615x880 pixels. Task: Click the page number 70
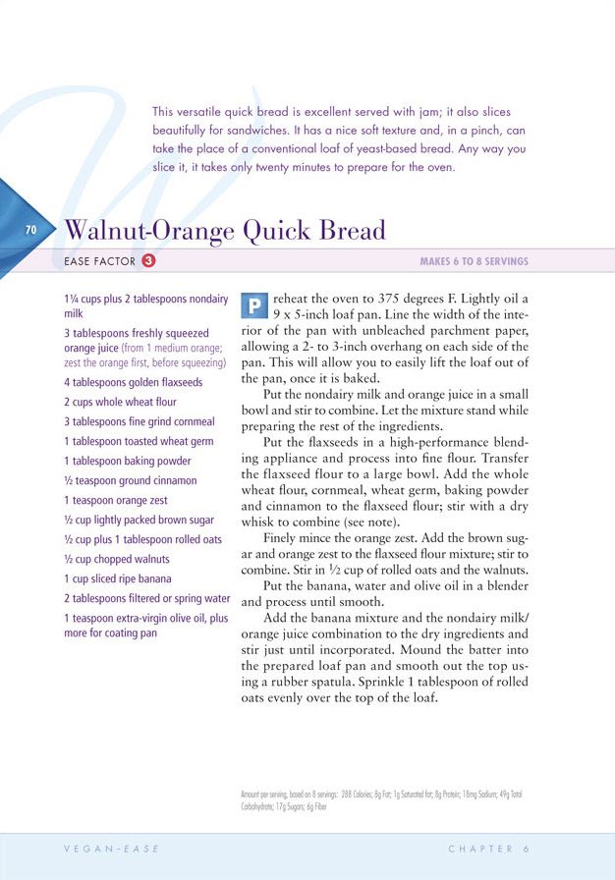[30, 230]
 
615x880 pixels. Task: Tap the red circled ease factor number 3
[147, 261]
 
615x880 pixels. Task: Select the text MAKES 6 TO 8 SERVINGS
[474, 261]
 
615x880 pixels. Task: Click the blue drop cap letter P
[252, 305]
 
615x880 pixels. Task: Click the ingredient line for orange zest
[115, 500]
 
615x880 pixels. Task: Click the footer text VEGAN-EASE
[107, 848]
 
